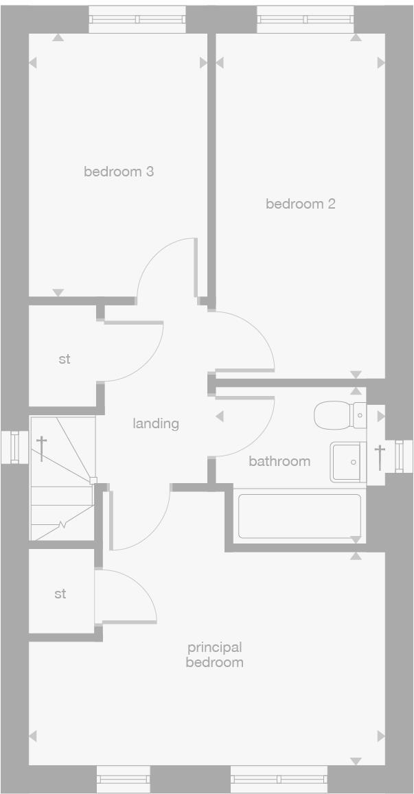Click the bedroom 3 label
[119, 172]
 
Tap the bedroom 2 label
[301, 204]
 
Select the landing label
[156, 423]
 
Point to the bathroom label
[279, 461]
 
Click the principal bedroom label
[215, 655]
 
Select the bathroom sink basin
[347, 461]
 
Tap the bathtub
[299, 516]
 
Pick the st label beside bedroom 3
[64, 359]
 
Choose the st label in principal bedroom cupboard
[60, 594]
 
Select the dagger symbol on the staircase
[42, 448]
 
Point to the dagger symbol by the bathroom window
[378, 457]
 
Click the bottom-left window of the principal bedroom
[123, 779]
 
